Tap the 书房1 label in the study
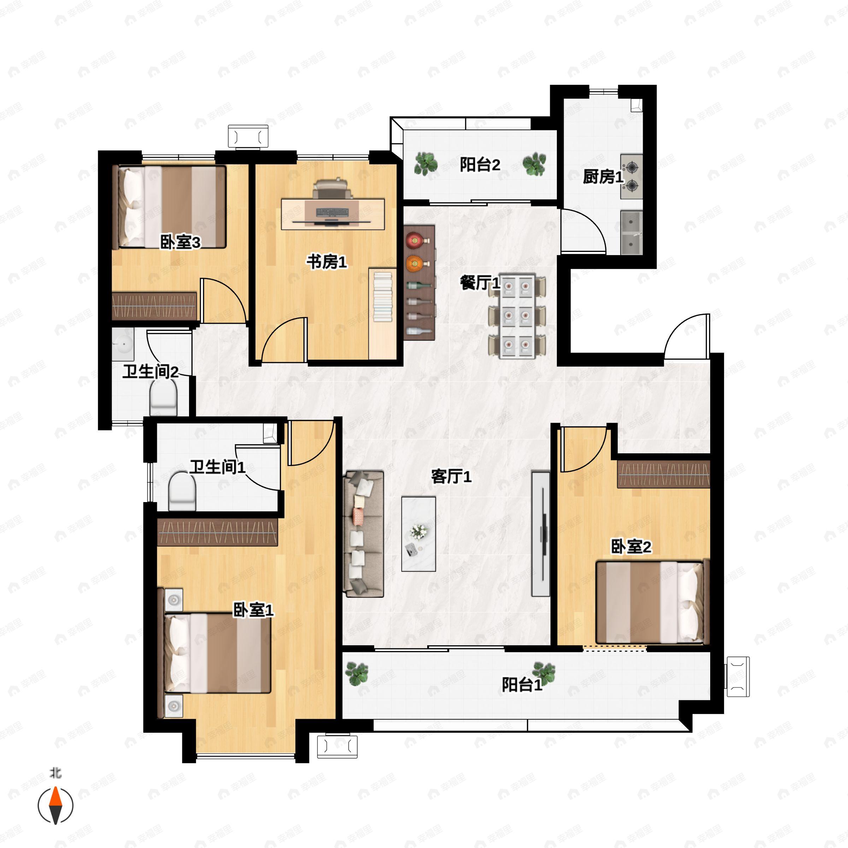326,262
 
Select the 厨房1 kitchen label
603,177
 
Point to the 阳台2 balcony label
480,165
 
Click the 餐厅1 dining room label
480,282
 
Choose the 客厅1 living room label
451,476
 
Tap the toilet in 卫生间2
163,397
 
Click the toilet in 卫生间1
182,491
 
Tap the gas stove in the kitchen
631,176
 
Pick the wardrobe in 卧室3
154,306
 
